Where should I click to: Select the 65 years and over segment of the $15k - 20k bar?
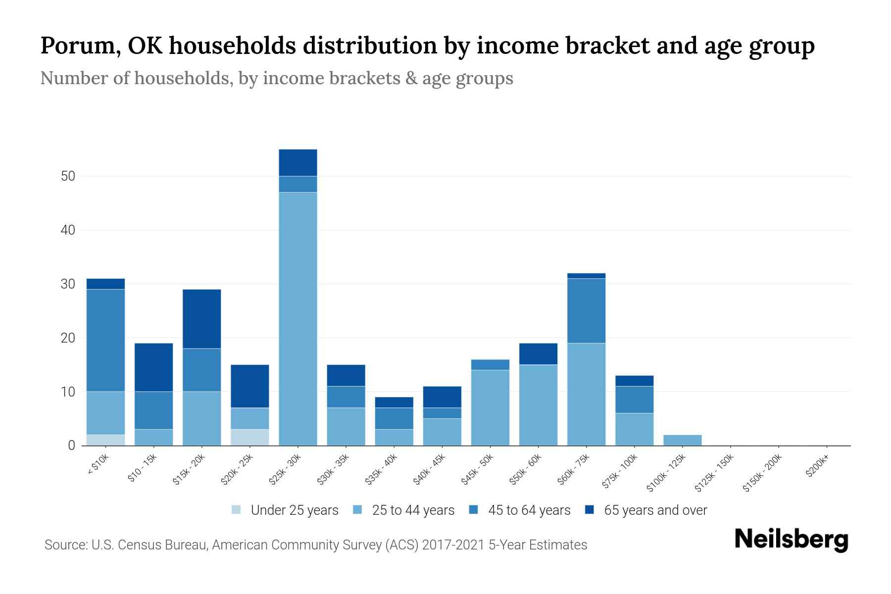201,319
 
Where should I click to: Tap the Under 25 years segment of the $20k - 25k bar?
249,437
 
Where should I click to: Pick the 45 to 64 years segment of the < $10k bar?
105,340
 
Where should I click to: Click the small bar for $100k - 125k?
682,440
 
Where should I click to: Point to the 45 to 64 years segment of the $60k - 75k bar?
586,310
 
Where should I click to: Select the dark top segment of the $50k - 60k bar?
538,353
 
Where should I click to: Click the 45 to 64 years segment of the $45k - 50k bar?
490,364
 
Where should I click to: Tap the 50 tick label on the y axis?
68,176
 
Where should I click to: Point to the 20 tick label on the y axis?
68,338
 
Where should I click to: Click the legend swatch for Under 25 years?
236,510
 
